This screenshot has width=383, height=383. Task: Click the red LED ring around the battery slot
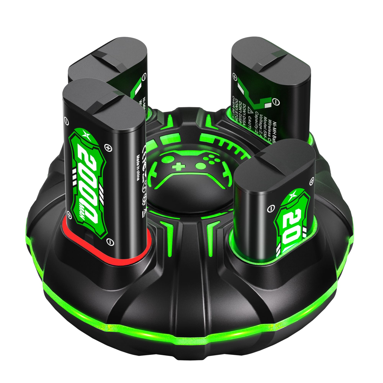(x=107, y=258)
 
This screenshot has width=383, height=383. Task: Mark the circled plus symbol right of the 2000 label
(x=109, y=147)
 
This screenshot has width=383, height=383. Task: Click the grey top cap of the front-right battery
(x=276, y=163)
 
